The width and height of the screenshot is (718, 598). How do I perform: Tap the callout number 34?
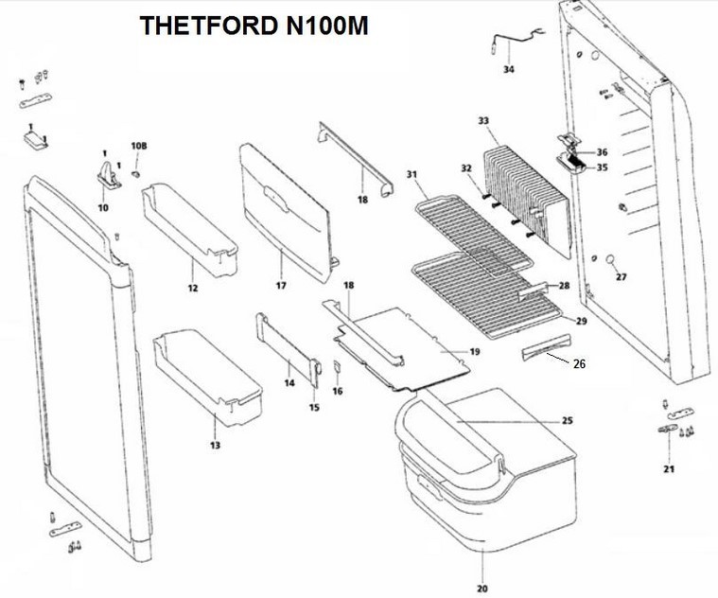[508, 70]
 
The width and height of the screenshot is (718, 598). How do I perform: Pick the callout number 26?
[579, 364]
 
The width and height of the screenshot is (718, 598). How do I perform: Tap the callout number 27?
[621, 277]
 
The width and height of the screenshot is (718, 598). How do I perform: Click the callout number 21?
[669, 469]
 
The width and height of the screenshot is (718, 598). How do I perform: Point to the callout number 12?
[192, 287]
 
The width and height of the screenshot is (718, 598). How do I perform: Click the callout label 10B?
[139, 147]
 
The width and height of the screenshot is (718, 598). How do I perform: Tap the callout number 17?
[281, 285]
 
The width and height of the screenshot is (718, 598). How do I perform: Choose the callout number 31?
[412, 174]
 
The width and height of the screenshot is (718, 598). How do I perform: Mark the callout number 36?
[602, 152]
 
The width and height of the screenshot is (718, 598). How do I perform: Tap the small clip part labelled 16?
[334, 368]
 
